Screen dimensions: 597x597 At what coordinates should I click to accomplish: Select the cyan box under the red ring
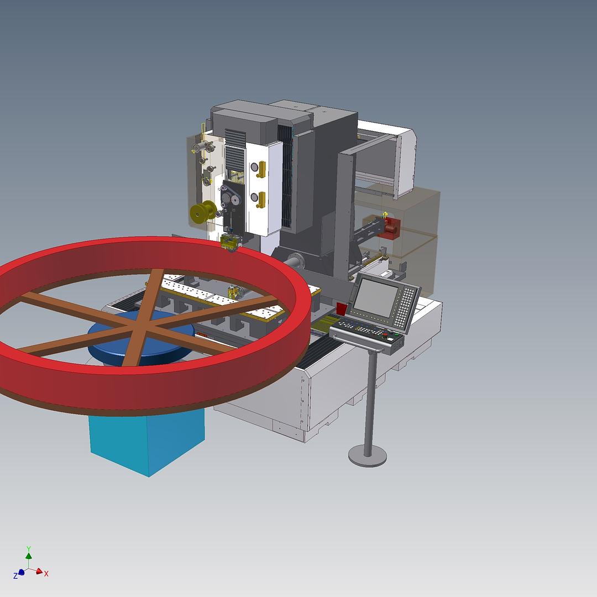tap(147, 442)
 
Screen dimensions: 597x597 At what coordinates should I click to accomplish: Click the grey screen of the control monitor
tap(375, 297)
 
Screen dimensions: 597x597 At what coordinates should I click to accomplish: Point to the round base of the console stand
tap(368, 455)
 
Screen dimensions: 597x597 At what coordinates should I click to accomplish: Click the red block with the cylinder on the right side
tap(390, 228)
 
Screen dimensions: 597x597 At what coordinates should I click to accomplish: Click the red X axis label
tap(46, 574)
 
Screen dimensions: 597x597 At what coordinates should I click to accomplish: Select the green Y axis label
tap(29, 549)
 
